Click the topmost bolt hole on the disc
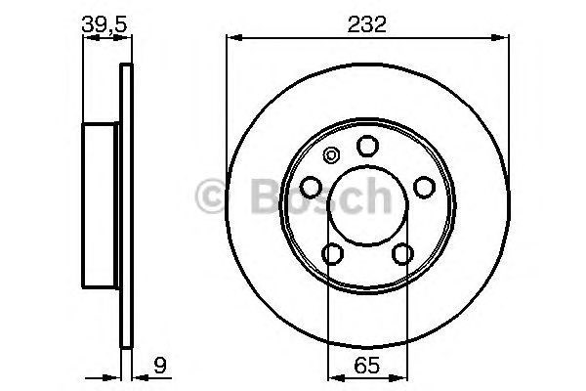coord(367,147)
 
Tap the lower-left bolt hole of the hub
coord(333,254)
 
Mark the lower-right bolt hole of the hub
coord(402,254)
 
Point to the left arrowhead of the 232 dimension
coord(231,38)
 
